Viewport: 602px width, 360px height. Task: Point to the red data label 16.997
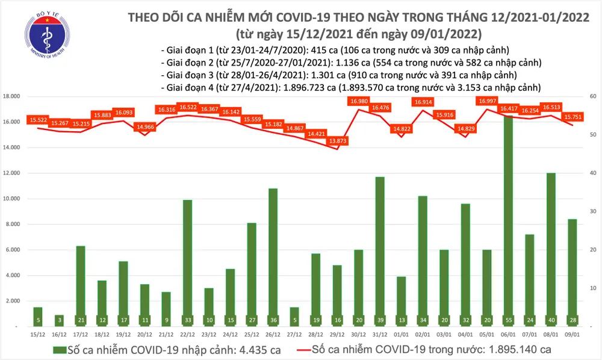tap(488, 101)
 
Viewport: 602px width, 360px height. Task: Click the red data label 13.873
tap(337, 140)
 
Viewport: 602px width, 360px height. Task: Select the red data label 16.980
tap(358, 101)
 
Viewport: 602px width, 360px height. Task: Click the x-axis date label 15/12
tap(37, 333)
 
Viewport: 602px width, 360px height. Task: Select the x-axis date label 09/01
tap(572, 333)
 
